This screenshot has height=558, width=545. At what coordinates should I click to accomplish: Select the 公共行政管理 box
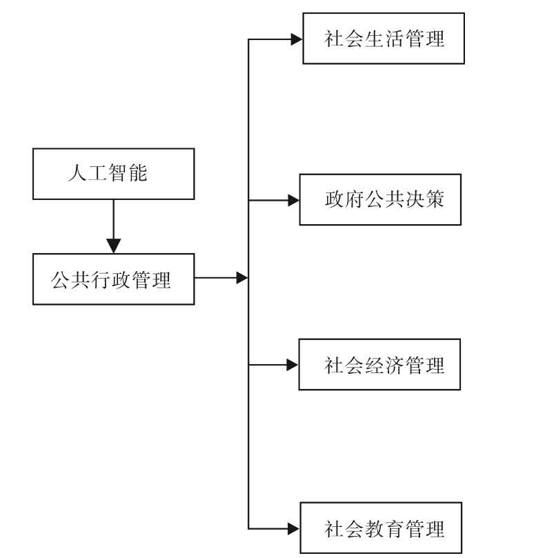click(114, 279)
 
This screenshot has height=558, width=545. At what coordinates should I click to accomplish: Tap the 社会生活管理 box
click(384, 39)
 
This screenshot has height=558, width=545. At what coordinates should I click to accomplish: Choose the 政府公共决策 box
click(379, 201)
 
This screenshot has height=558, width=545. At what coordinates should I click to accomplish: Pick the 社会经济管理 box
click(379, 364)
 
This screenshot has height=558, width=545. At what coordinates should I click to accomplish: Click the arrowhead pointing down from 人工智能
click(114, 245)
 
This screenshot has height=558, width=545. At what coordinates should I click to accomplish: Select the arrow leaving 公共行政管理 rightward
click(221, 279)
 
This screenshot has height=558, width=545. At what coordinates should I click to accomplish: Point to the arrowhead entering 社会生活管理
click(296, 39)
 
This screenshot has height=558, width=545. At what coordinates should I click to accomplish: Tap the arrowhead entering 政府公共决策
click(293, 201)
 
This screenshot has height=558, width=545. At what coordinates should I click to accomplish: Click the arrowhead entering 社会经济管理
click(293, 364)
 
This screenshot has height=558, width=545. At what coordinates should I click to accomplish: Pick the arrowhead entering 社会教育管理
click(293, 529)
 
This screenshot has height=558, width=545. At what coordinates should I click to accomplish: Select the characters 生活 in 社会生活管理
click(384, 39)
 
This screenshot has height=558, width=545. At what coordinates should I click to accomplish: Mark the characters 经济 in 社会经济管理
click(384, 365)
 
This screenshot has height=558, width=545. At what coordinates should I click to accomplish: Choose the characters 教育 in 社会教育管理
click(384, 529)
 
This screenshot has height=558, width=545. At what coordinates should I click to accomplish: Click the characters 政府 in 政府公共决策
click(344, 201)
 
